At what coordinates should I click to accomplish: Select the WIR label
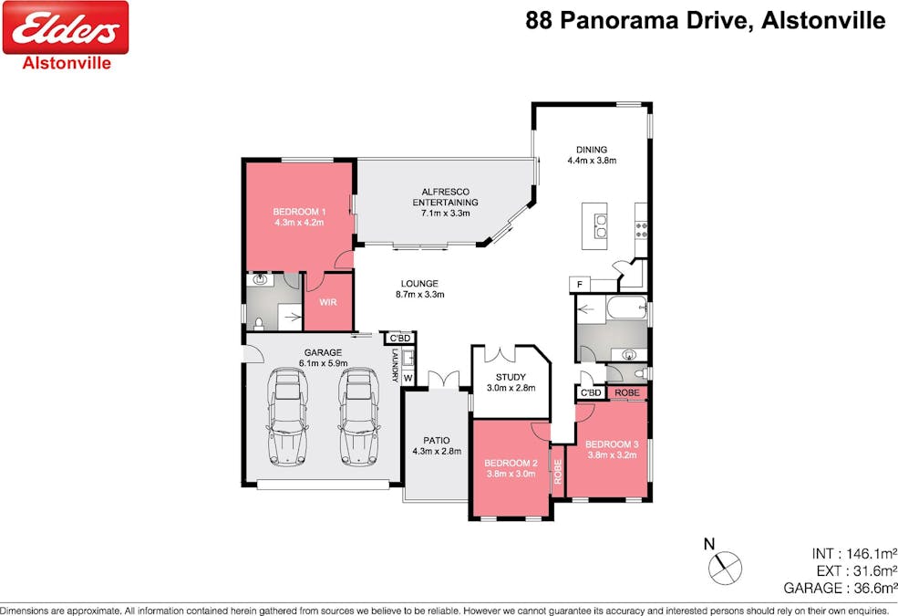coord(327,302)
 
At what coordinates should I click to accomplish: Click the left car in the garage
coord(287,416)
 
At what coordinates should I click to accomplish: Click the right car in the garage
coord(359,416)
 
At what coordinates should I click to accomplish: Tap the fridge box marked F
coord(580,285)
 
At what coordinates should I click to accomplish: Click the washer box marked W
coord(408,378)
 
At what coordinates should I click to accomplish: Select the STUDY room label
coord(511,377)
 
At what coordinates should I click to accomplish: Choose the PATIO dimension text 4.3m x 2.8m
coord(437,452)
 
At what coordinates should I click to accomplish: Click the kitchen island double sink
coord(600,225)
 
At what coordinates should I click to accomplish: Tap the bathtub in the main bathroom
coord(626,308)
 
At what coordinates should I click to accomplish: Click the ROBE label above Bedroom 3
coord(627,392)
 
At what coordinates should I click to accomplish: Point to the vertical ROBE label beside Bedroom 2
coord(558,471)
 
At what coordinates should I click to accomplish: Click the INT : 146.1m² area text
coord(854,554)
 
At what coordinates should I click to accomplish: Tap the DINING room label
coord(592,150)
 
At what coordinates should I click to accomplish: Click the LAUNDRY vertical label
coord(395,365)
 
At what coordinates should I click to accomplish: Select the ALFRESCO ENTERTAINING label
coord(446,197)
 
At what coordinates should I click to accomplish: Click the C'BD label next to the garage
coord(399,338)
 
